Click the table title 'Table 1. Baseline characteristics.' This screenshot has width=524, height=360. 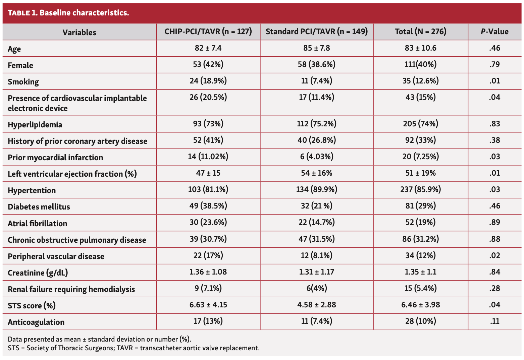[68, 13]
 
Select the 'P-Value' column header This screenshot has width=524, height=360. [494, 32]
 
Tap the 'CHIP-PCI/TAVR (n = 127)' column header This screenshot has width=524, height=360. [208, 32]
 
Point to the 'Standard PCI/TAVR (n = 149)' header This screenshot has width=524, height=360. [316, 32]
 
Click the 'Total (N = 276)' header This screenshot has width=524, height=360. [420, 32]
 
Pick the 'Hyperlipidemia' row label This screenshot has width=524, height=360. [35, 125]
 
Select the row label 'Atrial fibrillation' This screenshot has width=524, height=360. [38, 224]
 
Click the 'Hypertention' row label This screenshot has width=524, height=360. [32, 190]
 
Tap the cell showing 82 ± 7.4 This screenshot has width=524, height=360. [208, 48]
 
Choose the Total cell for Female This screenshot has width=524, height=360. [420, 65]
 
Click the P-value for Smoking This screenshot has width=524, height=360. [494, 81]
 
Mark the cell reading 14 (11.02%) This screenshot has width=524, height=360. [208, 157]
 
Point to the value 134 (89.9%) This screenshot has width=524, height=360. [316, 190]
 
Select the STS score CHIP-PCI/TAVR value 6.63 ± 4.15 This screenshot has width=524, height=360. [208, 305]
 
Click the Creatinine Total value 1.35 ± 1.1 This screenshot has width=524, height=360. [420, 272]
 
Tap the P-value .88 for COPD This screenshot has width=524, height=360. [494, 239]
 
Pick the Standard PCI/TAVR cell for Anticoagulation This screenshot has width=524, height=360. [316, 321]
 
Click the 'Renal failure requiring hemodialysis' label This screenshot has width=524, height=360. [71, 289]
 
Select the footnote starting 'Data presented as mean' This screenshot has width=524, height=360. [99, 339]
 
